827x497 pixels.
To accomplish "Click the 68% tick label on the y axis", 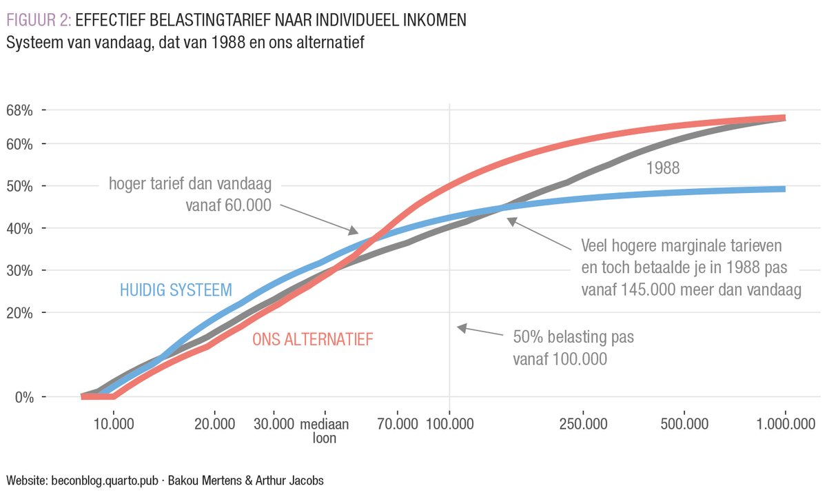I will point(19,110).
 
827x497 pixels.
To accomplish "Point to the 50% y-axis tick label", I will point(19,186).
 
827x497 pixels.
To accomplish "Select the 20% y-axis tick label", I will point(19,313).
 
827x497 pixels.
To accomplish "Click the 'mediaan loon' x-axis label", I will point(325,429).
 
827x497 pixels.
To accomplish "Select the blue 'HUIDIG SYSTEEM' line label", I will point(176,290).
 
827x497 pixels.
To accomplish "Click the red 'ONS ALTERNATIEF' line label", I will point(312,339).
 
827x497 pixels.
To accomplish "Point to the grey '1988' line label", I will point(663,168).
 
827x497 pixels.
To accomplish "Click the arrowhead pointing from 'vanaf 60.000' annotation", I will point(356,232).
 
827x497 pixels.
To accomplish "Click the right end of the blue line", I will point(784,189).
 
